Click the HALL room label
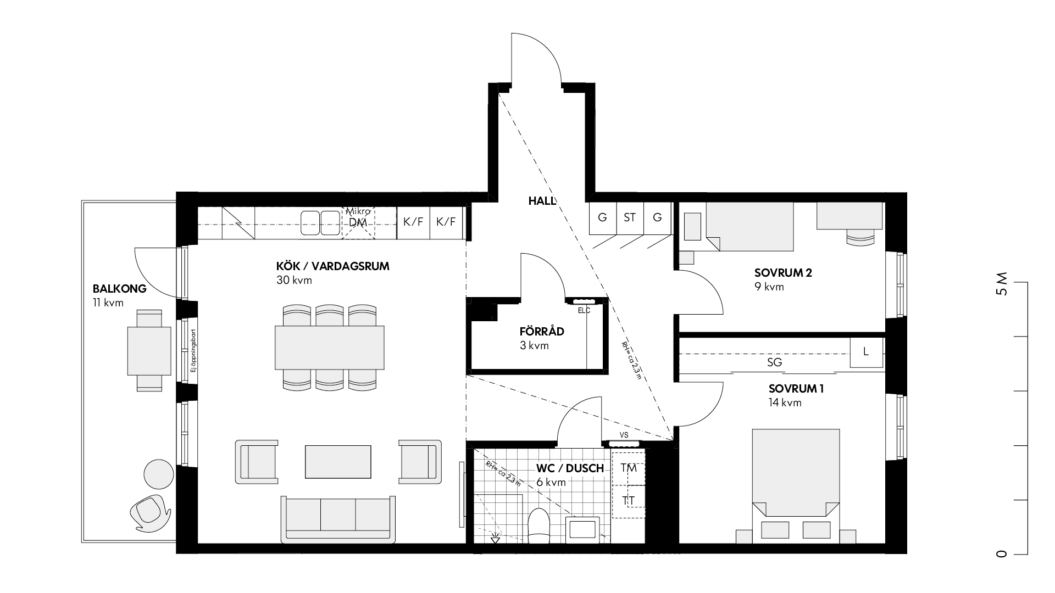542,201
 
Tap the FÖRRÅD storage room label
542,332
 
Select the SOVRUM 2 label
783,273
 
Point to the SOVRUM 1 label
796,389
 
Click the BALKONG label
120,289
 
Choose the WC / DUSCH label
570,468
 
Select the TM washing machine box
629,468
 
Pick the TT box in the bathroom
629,501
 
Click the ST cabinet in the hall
630,218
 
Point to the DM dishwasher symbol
358,222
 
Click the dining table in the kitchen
329,348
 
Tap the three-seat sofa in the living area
338,519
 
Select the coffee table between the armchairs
338,461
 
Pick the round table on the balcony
158,474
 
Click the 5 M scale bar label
1002,283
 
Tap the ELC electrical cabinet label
584,310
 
